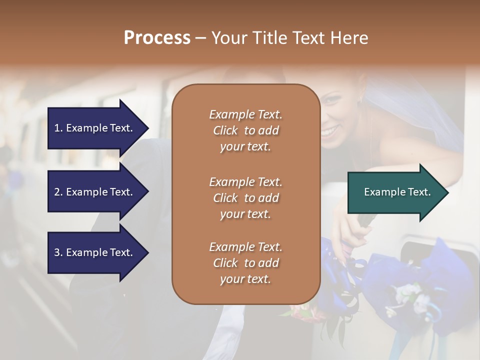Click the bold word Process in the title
click(x=157, y=38)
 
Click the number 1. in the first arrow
click(x=58, y=128)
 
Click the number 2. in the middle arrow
click(x=58, y=192)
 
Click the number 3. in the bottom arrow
click(x=58, y=252)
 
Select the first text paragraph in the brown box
click(x=245, y=130)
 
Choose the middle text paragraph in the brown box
click(x=245, y=198)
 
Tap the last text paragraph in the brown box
click(x=245, y=263)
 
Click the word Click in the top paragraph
click(x=225, y=130)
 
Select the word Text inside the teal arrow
click(x=419, y=192)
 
